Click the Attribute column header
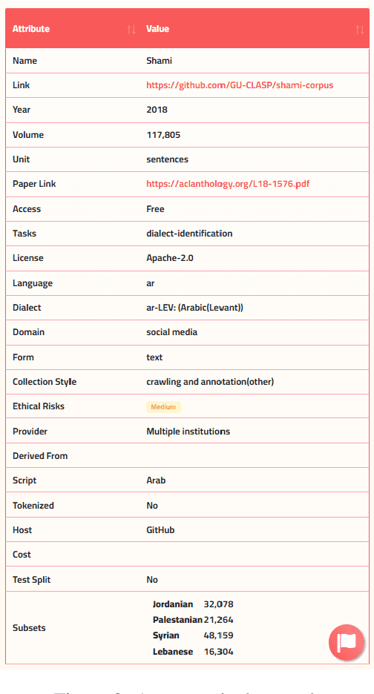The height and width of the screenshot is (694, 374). click(x=31, y=29)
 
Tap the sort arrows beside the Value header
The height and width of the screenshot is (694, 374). click(x=360, y=29)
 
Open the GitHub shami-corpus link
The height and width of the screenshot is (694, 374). click(x=240, y=85)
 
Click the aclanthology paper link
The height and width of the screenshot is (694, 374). click(x=227, y=184)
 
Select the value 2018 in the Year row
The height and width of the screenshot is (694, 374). click(x=157, y=110)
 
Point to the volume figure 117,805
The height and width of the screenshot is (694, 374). click(x=163, y=135)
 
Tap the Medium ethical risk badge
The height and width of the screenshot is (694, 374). click(x=163, y=407)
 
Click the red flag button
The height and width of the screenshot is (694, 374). click(x=347, y=643)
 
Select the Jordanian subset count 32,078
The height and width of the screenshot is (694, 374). click(x=218, y=604)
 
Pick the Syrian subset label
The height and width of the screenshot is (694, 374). click(x=167, y=635)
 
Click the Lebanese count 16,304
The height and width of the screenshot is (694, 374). click(x=218, y=652)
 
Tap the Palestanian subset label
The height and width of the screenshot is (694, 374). click(x=177, y=620)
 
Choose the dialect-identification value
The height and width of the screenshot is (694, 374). click(x=189, y=234)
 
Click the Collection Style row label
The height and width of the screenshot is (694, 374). click(x=45, y=382)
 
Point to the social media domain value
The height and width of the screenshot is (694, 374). click(x=171, y=332)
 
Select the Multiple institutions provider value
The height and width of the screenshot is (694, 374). click(x=188, y=432)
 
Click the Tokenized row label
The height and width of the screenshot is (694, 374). click(x=33, y=506)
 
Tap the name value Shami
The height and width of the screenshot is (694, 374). click(x=159, y=61)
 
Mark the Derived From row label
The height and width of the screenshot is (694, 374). click(x=40, y=456)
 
